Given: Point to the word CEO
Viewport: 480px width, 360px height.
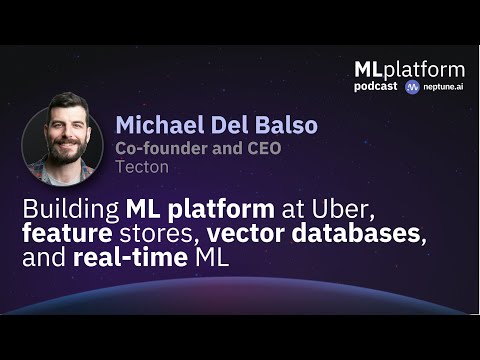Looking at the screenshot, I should pyautogui.click(x=260, y=149).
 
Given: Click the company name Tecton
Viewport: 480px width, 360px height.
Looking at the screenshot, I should pyautogui.click(x=141, y=167).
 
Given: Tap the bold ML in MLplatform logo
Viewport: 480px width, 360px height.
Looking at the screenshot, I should pyautogui.click(x=369, y=69).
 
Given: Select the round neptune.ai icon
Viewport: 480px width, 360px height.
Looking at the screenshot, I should pyautogui.click(x=412, y=87).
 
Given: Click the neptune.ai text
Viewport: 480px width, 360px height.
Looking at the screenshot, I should pyautogui.click(x=444, y=87).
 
